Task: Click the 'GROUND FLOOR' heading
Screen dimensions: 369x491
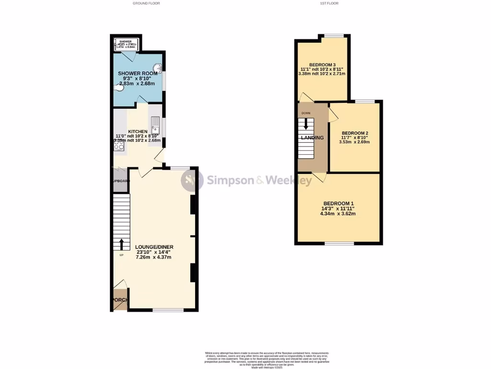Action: [x=146, y=3]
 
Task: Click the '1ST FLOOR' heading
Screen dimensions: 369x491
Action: [x=329, y=3]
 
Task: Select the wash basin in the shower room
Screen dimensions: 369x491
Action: [x=157, y=68]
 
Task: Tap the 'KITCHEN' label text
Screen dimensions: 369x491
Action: [x=137, y=132]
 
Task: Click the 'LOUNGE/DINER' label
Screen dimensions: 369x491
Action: [x=153, y=246]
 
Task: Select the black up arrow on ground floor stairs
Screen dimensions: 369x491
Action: [x=121, y=244]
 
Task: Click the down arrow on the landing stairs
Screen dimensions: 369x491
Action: [x=306, y=123]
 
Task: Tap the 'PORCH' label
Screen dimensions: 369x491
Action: [x=120, y=300]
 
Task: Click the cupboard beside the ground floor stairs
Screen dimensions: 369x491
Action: [x=120, y=181]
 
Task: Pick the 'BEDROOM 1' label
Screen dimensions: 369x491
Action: [x=339, y=203]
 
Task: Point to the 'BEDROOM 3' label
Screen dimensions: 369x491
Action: [x=322, y=65]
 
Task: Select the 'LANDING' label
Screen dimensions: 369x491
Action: [x=312, y=138]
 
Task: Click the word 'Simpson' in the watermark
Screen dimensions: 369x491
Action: [x=227, y=181]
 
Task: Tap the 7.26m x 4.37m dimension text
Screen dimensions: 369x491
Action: [x=153, y=257]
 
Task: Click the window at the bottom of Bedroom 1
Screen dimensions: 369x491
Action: [x=339, y=244]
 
